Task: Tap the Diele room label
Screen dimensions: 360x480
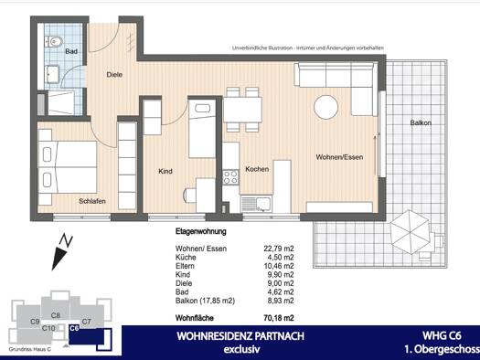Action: click(x=114, y=75)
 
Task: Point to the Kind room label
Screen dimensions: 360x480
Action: click(x=165, y=171)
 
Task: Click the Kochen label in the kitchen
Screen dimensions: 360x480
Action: click(x=257, y=170)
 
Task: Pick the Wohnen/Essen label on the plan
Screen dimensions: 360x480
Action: click(x=339, y=157)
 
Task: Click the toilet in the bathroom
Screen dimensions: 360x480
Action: click(x=55, y=41)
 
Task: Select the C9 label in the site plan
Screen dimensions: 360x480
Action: click(x=34, y=322)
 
